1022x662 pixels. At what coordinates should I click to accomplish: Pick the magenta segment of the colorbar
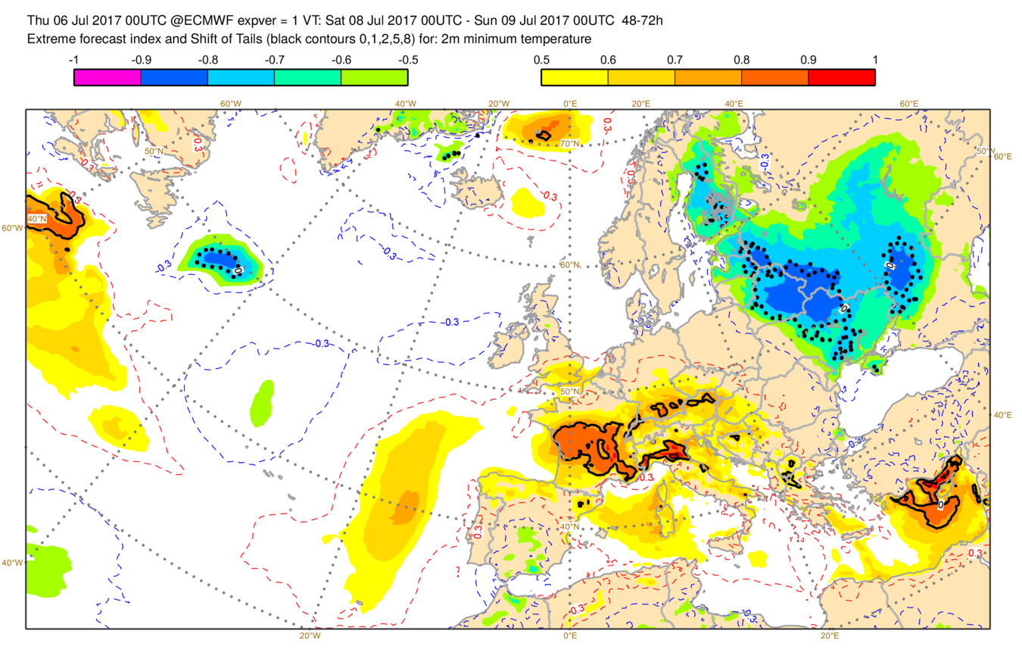point(107,77)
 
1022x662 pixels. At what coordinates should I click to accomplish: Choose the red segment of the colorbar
point(842,77)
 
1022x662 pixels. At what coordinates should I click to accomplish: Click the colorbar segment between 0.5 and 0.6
point(575,77)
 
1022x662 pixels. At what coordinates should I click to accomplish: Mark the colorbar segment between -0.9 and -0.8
point(174,77)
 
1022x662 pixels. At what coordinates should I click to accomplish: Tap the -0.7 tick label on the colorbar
point(274,58)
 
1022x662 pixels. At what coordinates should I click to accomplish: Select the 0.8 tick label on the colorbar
point(742,58)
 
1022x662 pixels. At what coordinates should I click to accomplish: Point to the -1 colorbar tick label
point(73,58)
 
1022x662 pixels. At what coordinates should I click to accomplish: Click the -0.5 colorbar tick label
point(407,58)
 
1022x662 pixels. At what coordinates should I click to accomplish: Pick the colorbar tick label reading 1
point(875,58)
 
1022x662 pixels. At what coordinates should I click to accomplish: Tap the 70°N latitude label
point(569,143)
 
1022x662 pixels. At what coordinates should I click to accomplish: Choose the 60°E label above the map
point(908,104)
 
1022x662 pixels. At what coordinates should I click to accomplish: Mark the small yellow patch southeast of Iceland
point(527,203)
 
